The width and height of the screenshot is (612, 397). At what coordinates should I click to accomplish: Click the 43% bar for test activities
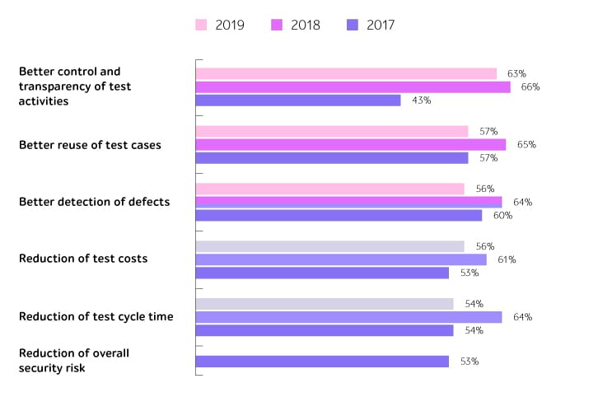pyautogui.click(x=297, y=100)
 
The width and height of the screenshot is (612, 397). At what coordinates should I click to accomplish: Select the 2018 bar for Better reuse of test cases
pyautogui.click(x=350, y=145)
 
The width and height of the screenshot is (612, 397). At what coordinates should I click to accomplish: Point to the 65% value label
pyautogui.click(x=526, y=145)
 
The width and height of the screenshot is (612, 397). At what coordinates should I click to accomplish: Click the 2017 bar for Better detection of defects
pyautogui.click(x=339, y=216)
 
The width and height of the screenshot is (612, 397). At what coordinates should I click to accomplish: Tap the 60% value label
pyautogui.click(x=502, y=216)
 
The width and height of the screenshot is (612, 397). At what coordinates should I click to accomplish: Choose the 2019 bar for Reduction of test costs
pyautogui.click(x=329, y=246)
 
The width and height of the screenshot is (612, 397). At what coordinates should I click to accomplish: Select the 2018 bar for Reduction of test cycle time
pyautogui.click(x=348, y=317)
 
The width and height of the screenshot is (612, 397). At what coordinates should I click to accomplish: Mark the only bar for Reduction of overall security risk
pyautogui.click(x=322, y=362)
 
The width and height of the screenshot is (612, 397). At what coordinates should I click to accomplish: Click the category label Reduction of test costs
pyautogui.click(x=83, y=259)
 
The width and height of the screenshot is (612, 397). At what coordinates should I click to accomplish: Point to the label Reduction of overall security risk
pyautogui.click(x=74, y=361)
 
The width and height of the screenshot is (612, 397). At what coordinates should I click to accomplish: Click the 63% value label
pyautogui.click(x=516, y=74)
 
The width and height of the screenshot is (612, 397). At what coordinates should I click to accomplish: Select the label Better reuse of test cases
pyautogui.click(x=90, y=145)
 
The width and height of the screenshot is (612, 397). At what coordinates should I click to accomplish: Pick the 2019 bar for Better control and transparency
pyautogui.click(x=346, y=74)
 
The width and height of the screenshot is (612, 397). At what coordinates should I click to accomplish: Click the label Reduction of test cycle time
pyautogui.click(x=96, y=317)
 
